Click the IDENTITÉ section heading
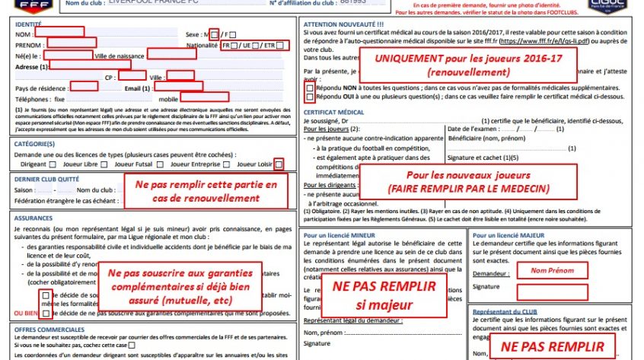[x=28, y=25]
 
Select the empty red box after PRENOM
[x=71, y=43]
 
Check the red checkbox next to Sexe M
[x=214, y=35]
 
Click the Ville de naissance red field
[x=171, y=54]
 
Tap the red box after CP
[x=132, y=75]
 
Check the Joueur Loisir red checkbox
[x=279, y=164]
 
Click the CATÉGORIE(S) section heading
[x=34, y=143]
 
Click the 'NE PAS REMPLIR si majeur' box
[x=385, y=295]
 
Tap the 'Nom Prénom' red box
[x=546, y=270]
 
